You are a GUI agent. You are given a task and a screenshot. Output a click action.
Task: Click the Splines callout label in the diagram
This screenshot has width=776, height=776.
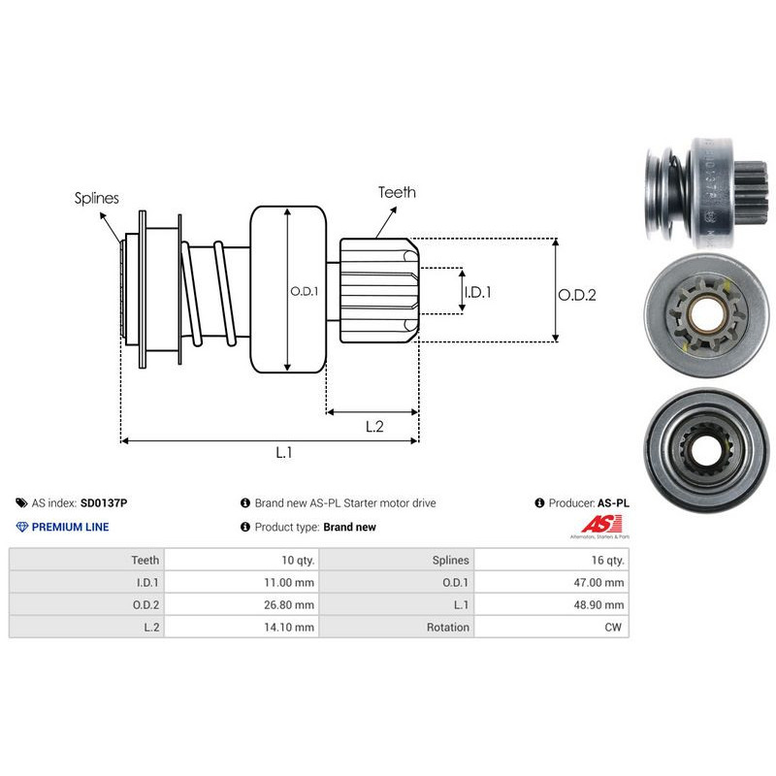97,198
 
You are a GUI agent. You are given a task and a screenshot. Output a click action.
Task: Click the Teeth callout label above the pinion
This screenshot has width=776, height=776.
398,192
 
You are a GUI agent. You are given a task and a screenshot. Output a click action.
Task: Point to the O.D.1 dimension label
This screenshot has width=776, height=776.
305,290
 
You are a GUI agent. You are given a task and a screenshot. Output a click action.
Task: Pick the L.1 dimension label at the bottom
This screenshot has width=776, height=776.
283,452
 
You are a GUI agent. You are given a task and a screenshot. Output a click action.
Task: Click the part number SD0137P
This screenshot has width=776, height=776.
104,503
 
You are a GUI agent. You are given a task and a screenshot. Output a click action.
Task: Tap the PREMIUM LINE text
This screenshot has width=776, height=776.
71,527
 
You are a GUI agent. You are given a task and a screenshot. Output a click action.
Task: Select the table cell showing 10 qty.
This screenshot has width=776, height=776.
293,560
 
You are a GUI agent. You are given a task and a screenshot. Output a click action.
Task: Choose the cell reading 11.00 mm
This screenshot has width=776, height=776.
291,582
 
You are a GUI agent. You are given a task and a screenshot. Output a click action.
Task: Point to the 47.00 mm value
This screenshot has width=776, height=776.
598,582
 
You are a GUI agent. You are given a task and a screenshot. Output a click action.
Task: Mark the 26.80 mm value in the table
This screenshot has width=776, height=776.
291,604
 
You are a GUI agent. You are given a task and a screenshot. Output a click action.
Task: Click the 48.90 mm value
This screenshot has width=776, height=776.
598,604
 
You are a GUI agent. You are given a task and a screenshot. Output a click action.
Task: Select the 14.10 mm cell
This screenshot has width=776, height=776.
291,627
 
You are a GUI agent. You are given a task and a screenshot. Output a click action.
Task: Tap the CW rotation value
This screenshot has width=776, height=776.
615,627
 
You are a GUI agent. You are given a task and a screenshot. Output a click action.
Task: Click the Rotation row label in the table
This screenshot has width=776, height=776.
448,627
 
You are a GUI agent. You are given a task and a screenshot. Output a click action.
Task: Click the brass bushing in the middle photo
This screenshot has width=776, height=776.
705,314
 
